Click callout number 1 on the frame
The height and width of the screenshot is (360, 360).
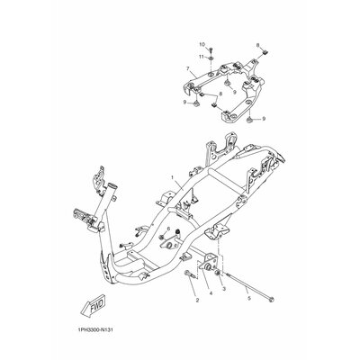(173, 177)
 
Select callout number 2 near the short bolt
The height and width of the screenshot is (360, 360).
(197, 300)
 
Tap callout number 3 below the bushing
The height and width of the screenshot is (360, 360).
(224, 289)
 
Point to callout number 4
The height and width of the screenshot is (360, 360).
(211, 293)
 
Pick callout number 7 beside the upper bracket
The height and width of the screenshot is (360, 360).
(188, 69)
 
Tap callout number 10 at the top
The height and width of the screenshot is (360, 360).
(202, 44)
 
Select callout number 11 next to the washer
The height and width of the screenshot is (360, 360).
(202, 57)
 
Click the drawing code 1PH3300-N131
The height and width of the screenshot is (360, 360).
(94, 330)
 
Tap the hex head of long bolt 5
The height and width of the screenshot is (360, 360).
(272, 299)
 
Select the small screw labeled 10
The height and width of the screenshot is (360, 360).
(211, 49)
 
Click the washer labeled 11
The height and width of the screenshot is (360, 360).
(211, 57)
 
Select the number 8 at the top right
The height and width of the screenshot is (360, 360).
(257, 45)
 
